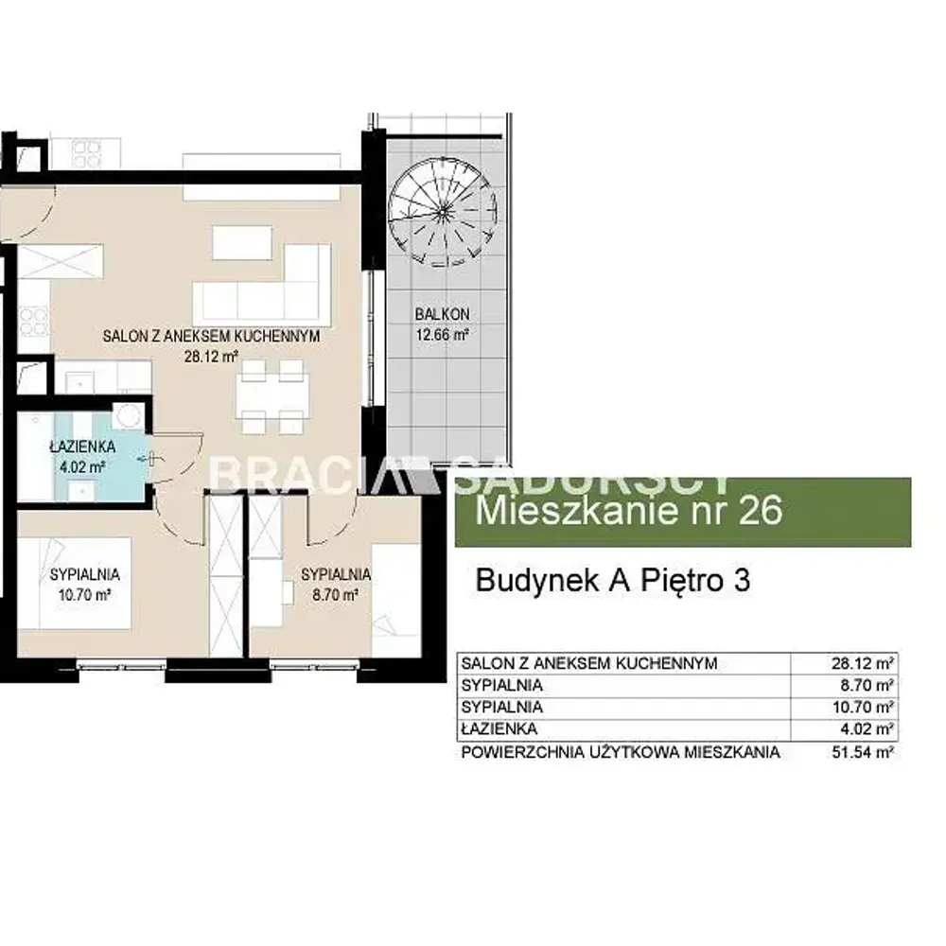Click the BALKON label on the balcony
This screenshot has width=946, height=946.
click(x=442, y=314)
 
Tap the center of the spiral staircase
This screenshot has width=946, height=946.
click(x=443, y=212)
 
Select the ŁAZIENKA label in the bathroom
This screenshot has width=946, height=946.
click(x=82, y=447)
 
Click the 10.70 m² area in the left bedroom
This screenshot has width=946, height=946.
click(x=84, y=595)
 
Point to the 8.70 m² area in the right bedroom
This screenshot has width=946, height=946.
click(x=336, y=595)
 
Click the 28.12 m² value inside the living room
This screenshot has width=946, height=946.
click(x=211, y=357)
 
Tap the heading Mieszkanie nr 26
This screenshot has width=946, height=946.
click(x=629, y=511)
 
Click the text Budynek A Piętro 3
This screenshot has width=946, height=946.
click(x=613, y=581)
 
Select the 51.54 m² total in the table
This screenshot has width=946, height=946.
click(x=863, y=752)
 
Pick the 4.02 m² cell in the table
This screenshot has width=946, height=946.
click(x=867, y=728)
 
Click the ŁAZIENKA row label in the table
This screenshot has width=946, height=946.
click(x=499, y=728)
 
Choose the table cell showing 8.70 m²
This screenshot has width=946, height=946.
click(x=867, y=685)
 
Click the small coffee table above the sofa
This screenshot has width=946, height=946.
click(x=242, y=242)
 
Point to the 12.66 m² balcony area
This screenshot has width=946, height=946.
click(x=442, y=334)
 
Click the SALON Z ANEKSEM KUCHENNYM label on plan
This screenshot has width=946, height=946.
click(x=211, y=336)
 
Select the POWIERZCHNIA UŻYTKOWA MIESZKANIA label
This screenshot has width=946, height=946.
click(x=621, y=752)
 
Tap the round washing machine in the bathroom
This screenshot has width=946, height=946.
click(x=128, y=416)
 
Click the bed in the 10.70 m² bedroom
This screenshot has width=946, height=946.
click(x=74, y=583)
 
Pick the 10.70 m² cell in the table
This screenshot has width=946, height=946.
click(x=863, y=707)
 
